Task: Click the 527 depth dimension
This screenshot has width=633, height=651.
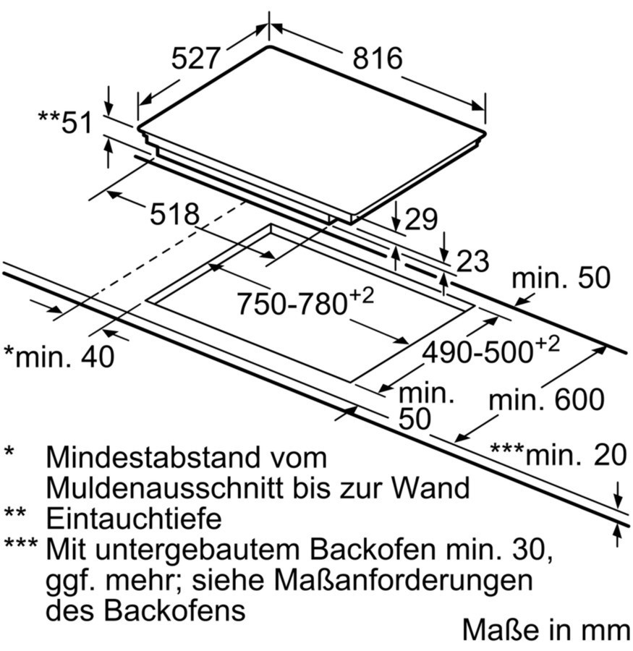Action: (195, 59)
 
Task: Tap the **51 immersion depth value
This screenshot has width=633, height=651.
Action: (65, 122)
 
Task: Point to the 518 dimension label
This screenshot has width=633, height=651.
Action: (174, 214)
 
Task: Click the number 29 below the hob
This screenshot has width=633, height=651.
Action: (421, 219)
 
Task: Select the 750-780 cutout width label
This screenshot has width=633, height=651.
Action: (305, 301)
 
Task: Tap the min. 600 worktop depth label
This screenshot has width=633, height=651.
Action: (547, 399)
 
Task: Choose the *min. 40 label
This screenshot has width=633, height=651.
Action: (59, 356)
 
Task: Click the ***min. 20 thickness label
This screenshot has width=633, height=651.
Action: (558, 454)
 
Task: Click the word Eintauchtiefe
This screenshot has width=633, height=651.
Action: (134, 519)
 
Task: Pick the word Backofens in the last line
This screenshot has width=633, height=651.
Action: (174, 610)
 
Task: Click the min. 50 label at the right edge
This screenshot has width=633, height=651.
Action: (561, 278)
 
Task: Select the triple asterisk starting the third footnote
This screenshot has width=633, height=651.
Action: (21, 543)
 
